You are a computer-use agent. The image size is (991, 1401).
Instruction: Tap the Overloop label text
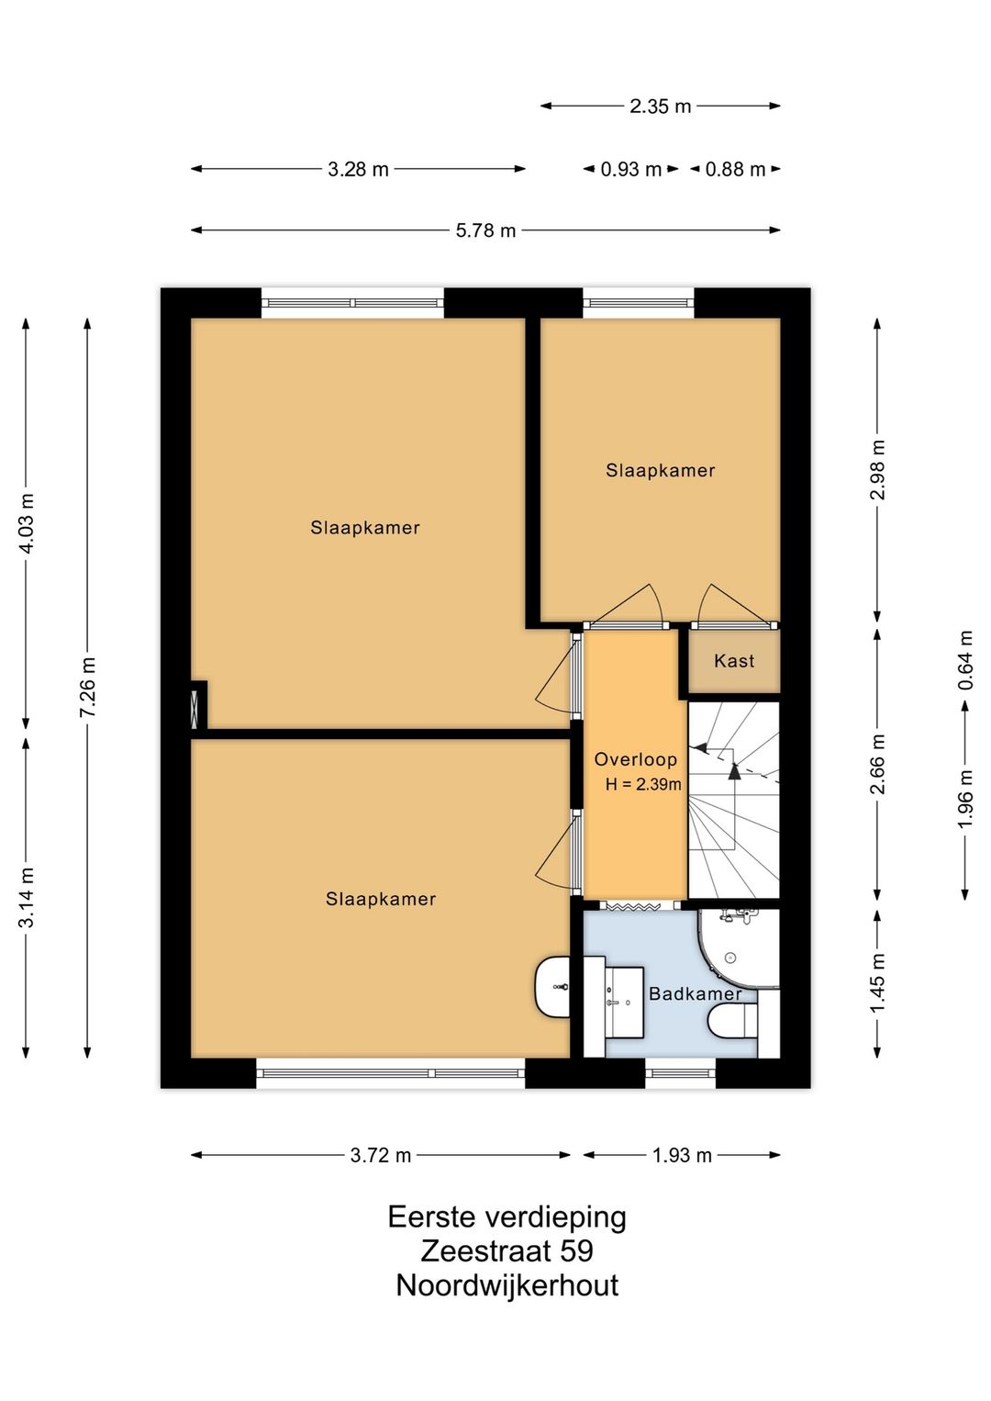point(635,759)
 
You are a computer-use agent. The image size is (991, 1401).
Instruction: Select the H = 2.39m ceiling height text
point(643,784)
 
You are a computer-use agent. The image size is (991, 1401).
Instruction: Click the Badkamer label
point(695,993)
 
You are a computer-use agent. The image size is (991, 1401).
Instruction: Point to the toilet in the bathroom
point(733,1021)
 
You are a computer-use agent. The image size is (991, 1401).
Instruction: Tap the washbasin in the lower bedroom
point(552,987)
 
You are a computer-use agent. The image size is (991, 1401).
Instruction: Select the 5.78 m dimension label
point(485,230)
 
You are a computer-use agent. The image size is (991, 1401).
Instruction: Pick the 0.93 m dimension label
point(631,170)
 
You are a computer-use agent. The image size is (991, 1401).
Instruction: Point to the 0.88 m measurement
point(735,170)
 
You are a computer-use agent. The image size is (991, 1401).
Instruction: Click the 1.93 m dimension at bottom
point(682,1155)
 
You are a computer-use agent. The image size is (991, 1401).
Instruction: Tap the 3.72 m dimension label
point(381,1155)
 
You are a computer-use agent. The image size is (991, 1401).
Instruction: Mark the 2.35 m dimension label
point(661,106)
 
